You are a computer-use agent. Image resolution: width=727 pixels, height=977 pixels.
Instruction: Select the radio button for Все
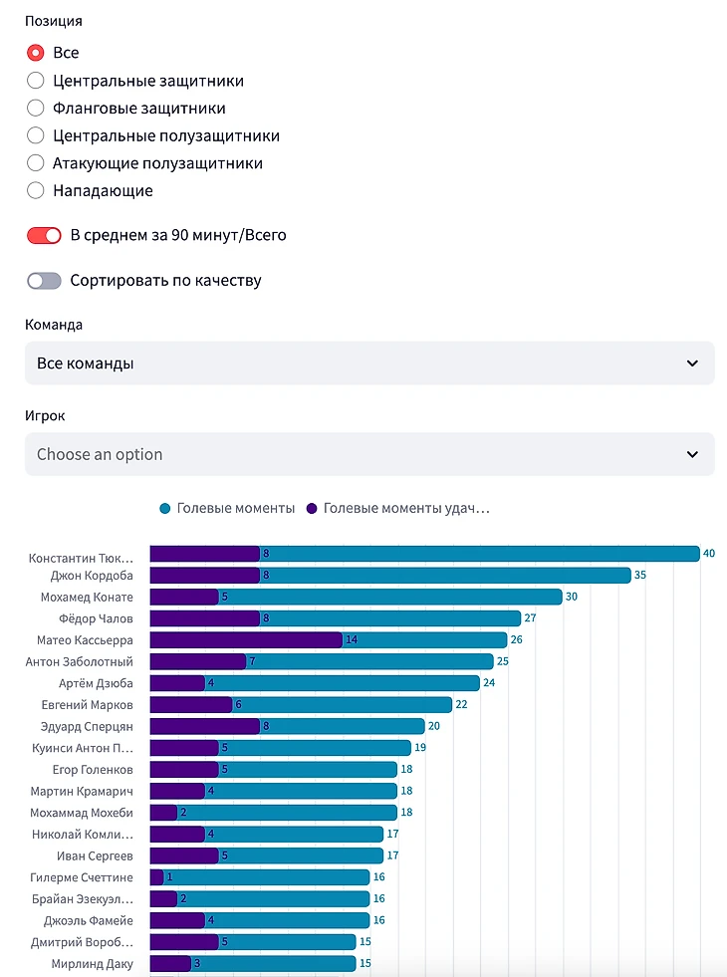pyautogui.click(x=36, y=53)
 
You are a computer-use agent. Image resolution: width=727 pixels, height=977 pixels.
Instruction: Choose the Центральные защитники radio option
pyautogui.click(x=36, y=81)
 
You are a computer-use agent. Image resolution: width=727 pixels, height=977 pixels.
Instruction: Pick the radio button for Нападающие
pyautogui.click(x=36, y=190)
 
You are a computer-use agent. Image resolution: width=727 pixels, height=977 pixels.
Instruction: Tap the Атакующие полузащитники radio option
pyautogui.click(x=36, y=163)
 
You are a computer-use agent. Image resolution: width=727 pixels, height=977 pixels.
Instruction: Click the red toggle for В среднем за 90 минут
pyautogui.click(x=45, y=236)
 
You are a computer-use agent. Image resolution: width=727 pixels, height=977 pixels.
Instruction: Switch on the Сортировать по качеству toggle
pyautogui.click(x=45, y=281)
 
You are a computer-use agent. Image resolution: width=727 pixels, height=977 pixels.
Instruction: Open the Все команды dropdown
pyautogui.click(x=369, y=364)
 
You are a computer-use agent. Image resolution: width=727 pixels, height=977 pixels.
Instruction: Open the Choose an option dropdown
pyautogui.click(x=369, y=454)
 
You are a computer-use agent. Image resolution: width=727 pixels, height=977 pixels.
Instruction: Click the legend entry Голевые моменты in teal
pyautogui.click(x=235, y=509)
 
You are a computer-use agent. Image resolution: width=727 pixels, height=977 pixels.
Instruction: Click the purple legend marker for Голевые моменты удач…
pyautogui.click(x=312, y=509)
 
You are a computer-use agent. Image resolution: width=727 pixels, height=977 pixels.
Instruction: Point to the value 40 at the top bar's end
pyautogui.click(x=709, y=554)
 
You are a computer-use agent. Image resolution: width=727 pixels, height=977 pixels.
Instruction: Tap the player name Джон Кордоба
pyautogui.click(x=92, y=576)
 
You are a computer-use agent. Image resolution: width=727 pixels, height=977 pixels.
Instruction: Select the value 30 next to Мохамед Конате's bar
pyautogui.click(x=572, y=598)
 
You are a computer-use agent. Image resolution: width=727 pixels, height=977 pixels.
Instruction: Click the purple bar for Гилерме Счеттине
pyautogui.click(x=156, y=877)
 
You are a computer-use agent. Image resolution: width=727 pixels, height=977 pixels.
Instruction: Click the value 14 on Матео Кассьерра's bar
pyautogui.click(x=352, y=640)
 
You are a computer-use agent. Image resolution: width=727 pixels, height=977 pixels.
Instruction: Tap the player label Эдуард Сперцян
pyautogui.click(x=87, y=726)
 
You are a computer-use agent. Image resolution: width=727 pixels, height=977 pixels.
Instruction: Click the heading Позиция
pyautogui.click(x=54, y=21)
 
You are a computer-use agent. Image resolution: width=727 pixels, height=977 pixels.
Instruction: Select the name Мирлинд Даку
pyautogui.click(x=93, y=964)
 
